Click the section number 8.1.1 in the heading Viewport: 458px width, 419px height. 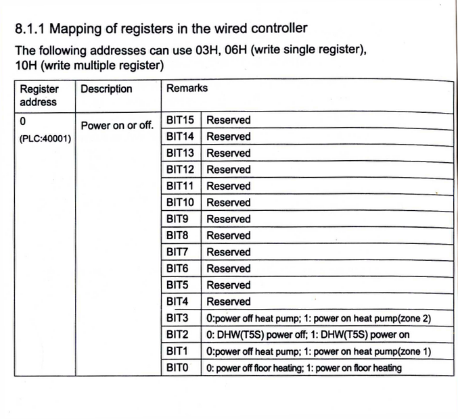[29, 28]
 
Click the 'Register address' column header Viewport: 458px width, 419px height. [39, 95]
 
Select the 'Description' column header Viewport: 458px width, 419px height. [106, 89]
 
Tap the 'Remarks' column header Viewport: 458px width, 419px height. [187, 88]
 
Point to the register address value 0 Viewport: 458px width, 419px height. [23, 122]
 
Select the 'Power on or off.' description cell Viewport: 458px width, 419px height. [117, 126]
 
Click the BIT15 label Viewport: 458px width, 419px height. [180, 120]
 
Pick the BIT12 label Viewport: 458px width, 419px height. [180, 170]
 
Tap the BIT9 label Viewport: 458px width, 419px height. [177, 219]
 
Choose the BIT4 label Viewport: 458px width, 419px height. [177, 301]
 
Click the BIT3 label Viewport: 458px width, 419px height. [177, 318]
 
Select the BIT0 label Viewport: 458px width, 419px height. [177, 368]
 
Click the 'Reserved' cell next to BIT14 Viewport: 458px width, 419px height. [228, 137]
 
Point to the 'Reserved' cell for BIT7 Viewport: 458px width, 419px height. [228, 252]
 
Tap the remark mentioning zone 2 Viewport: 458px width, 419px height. [319, 318]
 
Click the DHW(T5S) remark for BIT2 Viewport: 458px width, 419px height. [308, 335]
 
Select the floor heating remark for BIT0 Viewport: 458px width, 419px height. [304, 368]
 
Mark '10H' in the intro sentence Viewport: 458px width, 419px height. [26, 66]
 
